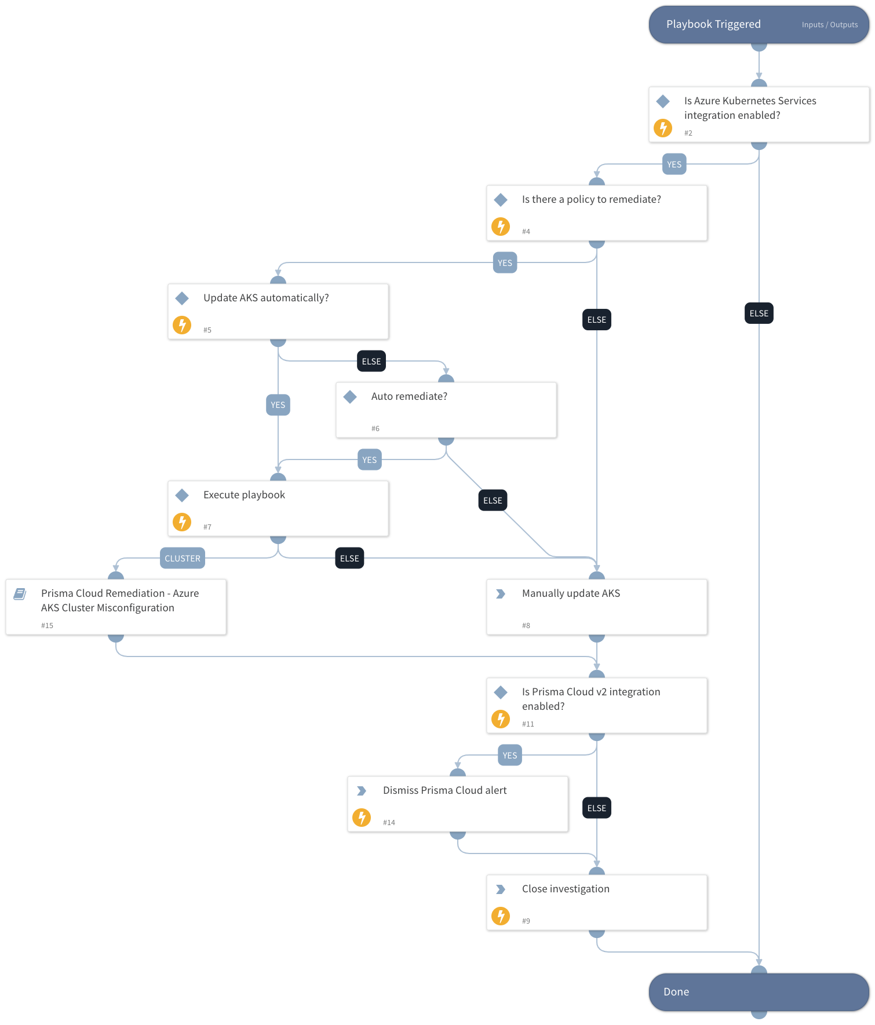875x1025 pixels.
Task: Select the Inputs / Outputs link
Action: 829,25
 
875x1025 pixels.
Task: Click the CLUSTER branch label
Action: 183,558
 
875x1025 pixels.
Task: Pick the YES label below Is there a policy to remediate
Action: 505,262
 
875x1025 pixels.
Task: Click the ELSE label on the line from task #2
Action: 759,313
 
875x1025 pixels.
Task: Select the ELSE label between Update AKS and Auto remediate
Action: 371,361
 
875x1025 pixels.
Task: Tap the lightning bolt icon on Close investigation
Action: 501,916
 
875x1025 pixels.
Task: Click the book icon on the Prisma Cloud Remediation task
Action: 20,593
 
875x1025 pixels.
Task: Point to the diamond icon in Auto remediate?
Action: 350,397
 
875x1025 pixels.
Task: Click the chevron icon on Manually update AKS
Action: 501,594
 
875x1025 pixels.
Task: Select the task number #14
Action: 389,822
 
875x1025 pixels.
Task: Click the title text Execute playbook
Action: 244,495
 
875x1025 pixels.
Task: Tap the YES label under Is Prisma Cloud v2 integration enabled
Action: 510,755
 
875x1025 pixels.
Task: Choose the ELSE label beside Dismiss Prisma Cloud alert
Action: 596,808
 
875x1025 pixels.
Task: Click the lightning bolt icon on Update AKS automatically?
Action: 182,325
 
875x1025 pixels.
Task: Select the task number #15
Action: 47,625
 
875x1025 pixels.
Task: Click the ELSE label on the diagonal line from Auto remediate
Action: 493,500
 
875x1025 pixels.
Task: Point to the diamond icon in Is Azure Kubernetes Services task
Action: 663,101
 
